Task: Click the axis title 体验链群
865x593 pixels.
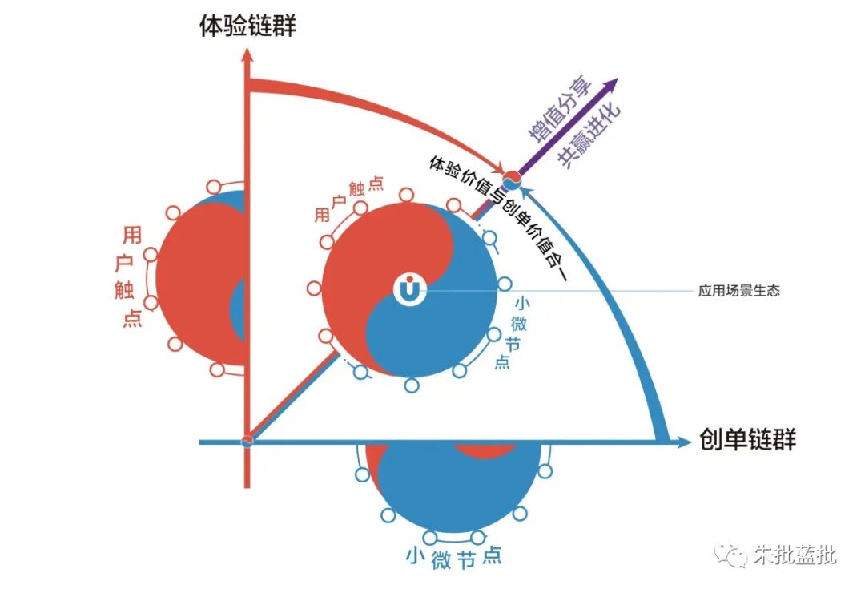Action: tap(247, 26)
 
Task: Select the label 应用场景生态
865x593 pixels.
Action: tap(739, 291)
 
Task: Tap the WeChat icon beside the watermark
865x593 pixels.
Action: tap(730, 554)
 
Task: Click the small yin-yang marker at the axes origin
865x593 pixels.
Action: tap(247, 440)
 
